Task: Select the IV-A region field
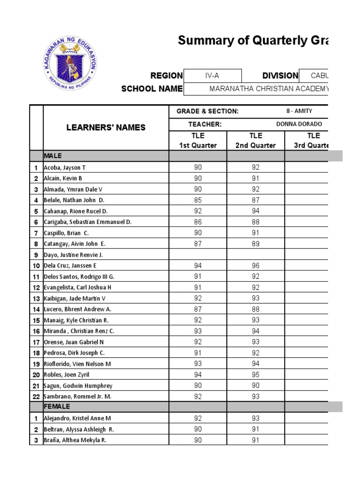(x=212, y=75)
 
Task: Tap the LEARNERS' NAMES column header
(x=105, y=127)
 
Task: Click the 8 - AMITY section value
(x=299, y=111)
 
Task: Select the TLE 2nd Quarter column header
(x=255, y=140)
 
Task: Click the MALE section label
(x=53, y=156)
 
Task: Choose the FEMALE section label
(x=57, y=406)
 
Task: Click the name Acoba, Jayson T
(x=65, y=167)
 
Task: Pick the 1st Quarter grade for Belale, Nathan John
(x=198, y=200)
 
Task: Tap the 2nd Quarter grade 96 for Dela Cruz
(x=255, y=266)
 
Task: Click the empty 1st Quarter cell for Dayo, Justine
(x=198, y=255)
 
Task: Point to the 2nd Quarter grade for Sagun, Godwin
(x=255, y=385)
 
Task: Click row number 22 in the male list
(x=36, y=397)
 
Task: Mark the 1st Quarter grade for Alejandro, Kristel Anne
(x=198, y=418)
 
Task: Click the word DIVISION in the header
(x=280, y=75)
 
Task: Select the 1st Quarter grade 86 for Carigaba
(x=198, y=222)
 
